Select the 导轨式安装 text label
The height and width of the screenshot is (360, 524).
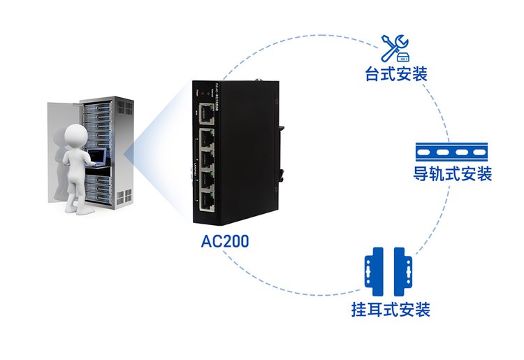pyautogui.click(x=458, y=173)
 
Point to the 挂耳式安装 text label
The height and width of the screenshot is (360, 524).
pyautogui.click(x=391, y=309)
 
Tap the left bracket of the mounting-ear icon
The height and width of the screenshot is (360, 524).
pyautogui.click(x=375, y=271)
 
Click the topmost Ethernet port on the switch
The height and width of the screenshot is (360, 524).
pyautogui.click(x=207, y=111)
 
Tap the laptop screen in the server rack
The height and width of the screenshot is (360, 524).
pyautogui.click(x=96, y=154)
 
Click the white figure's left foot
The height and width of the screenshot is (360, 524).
pyautogui.click(x=71, y=208)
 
